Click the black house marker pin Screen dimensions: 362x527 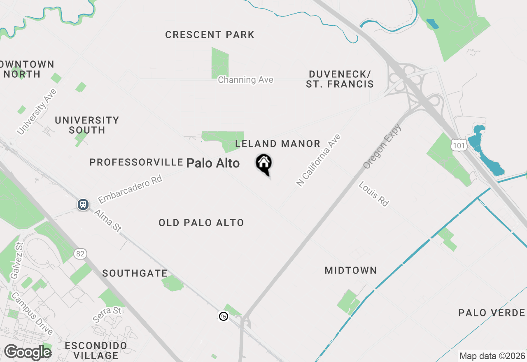click(264, 163)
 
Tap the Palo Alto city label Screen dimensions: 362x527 click(213, 163)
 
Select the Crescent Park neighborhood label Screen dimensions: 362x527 click(210, 35)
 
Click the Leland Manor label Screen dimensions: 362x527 click(277, 144)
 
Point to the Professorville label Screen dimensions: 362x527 click(136, 162)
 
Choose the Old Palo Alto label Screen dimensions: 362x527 click(201, 223)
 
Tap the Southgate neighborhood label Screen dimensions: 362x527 click(135, 274)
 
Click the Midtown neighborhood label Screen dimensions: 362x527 click(351, 271)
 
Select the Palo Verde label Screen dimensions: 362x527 click(492, 313)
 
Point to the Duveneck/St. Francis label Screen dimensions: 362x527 click(340, 79)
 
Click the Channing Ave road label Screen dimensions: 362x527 click(245, 80)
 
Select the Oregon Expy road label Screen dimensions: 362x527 click(382, 146)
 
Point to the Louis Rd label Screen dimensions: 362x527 click(373, 194)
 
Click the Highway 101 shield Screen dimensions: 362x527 click(458, 144)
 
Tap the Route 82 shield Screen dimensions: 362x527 click(80, 254)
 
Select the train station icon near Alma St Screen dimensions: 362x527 click(83, 204)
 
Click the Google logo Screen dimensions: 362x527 click(28, 352)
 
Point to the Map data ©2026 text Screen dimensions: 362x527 click(492, 356)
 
